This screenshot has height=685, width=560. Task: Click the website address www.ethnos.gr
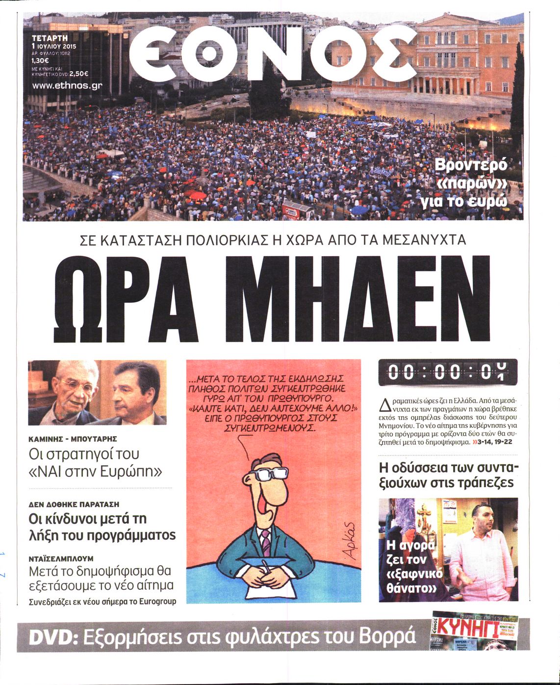[x=67, y=85]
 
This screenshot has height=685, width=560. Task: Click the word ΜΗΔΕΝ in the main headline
[x=359, y=299]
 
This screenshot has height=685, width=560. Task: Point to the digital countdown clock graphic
[x=448, y=372]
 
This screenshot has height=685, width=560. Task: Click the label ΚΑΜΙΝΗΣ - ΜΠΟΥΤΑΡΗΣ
[x=73, y=439]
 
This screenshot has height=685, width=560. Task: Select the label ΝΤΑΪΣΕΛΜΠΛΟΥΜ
[x=61, y=558]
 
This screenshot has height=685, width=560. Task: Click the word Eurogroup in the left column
[x=157, y=601]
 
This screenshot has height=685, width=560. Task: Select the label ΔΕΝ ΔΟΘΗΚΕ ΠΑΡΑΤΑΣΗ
[x=74, y=504]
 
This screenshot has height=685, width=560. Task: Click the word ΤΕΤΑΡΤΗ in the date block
[x=50, y=37]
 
